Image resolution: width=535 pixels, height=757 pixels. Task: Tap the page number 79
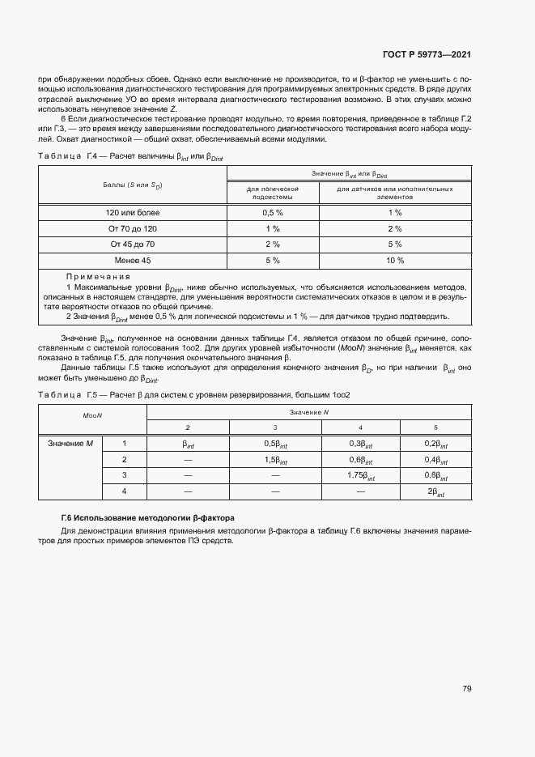[467, 689]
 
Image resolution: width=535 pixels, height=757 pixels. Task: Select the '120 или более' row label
[133, 212]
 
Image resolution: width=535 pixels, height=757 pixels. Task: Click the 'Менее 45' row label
[133, 261]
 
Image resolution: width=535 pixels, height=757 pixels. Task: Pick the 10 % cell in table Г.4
[394, 261]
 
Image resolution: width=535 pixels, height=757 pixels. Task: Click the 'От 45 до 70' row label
[133, 245]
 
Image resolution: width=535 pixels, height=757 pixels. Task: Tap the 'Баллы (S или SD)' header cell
[133, 185]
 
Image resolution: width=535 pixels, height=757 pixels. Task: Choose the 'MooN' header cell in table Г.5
[91, 415]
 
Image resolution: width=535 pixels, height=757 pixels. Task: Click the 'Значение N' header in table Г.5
[309, 412]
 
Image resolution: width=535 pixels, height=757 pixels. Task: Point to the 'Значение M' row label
[71, 443]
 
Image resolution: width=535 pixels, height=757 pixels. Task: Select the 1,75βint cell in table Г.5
[360, 476]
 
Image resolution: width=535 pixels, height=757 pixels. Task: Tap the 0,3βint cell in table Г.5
[360, 444]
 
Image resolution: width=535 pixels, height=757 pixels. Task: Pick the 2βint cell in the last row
[435, 492]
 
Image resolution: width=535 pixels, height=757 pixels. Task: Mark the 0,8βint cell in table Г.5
[435, 476]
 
